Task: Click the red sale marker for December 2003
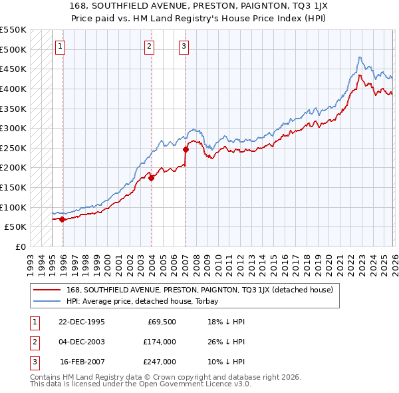[x=151, y=178]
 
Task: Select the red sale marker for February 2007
[x=186, y=149]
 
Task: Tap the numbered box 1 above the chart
[x=61, y=47]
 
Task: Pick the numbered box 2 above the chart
[x=148, y=47]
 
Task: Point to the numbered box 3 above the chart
[x=183, y=47]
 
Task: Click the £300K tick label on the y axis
[x=13, y=128]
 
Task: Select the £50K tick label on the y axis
[x=15, y=227]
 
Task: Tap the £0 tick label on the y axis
[x=20, y=246]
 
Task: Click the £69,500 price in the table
[x=162, y=322]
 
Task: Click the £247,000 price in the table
[x=160, y=362]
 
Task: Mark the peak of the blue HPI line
[x=359, y=57]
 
